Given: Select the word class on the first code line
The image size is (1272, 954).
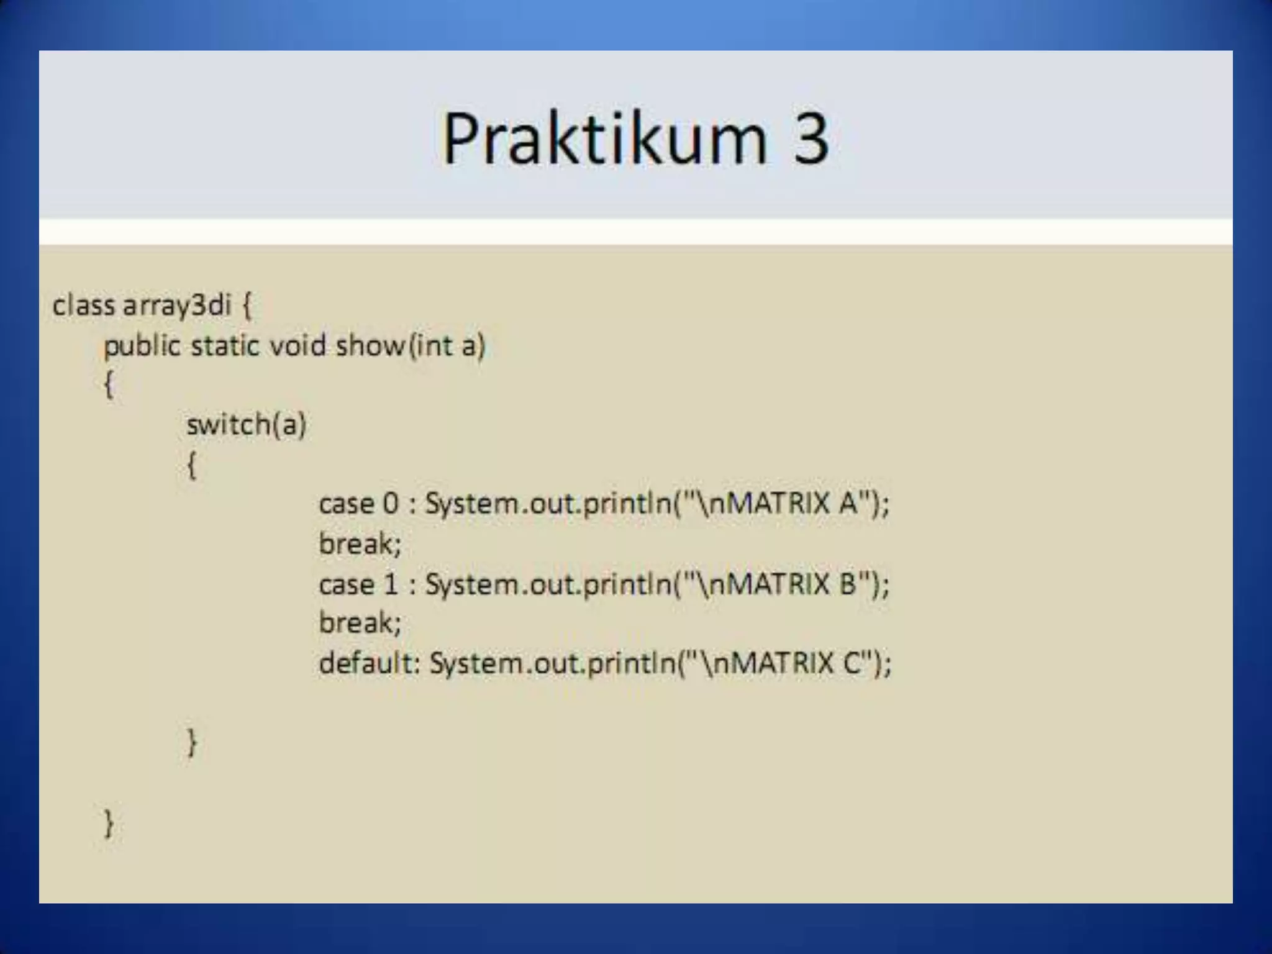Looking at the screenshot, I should click(84, 306).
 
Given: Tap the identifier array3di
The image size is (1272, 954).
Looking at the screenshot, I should click(177, 306).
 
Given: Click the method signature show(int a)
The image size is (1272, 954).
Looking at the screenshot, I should click(410, 346).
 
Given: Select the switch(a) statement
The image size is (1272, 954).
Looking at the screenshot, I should click(247, 425).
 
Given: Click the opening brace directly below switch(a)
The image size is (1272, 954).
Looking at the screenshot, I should click(192, 465).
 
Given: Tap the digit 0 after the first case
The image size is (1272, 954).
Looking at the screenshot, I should click(391, 504).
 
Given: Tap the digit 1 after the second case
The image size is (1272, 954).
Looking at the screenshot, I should click(391, 584).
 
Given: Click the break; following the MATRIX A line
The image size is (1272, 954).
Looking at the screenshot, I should click(360, 544).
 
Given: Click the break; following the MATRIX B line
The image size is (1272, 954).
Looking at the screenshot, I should click(360, 623).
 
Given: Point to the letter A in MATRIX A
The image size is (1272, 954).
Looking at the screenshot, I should click(848, 504).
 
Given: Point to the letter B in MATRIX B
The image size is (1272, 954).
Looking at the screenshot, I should click(848, 584).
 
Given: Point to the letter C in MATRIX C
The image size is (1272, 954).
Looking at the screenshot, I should click(852, 663).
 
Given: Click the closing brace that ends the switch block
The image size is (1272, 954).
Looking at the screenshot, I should click(192, 743).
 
